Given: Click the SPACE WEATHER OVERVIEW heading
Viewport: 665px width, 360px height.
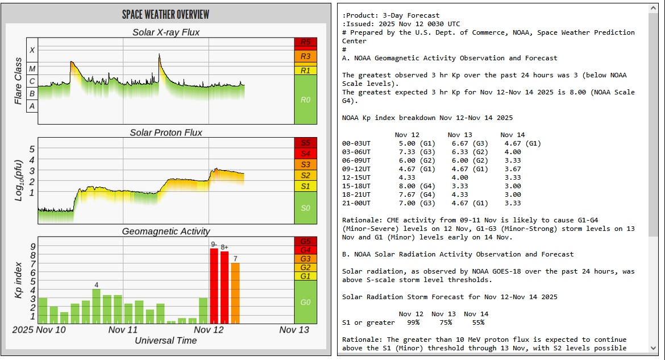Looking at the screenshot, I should [165, 14].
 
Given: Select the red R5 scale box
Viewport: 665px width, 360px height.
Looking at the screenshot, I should [305, 42].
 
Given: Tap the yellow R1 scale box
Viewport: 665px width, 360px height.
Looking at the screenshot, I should [305, 71].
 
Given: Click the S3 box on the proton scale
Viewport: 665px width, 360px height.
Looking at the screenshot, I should [305, 164].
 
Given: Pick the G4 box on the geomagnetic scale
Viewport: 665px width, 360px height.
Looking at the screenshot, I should [305, 250].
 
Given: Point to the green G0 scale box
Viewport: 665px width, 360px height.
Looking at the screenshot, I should [305, 302].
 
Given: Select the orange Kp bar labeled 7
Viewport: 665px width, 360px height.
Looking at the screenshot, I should [235, 293].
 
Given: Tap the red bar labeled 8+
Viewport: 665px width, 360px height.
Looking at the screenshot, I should [225, 287].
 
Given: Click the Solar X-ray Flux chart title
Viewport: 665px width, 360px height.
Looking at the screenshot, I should [165, 32].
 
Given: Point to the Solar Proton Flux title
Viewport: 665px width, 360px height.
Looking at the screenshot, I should [165, 133].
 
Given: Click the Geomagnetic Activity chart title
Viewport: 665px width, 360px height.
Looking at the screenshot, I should [165, 231].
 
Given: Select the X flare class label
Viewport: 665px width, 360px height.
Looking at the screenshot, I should [32, 50].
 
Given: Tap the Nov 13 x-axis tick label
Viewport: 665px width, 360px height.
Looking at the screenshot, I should [294, 330].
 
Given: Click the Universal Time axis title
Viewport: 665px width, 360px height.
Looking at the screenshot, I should [165, 340].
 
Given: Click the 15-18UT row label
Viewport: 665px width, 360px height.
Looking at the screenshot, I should [356, 186].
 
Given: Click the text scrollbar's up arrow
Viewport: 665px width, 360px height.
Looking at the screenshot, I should [653, 9].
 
